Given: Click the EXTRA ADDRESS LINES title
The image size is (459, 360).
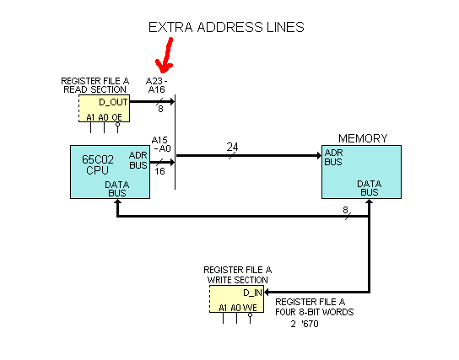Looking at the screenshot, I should pos(226,27).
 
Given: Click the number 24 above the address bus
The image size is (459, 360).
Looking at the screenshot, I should pos(231,147).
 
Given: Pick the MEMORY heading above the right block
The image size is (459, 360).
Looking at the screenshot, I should pos(363,138).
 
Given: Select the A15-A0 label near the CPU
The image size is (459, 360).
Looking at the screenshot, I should pos(161,144).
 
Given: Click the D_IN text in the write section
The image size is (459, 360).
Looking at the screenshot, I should pos(252,293).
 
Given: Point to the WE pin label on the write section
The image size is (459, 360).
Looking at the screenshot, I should pos(250,308).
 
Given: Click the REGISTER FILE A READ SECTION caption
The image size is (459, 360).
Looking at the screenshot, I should pos(95,86).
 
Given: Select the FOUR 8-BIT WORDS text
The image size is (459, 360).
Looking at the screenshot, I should pos(315,311).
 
